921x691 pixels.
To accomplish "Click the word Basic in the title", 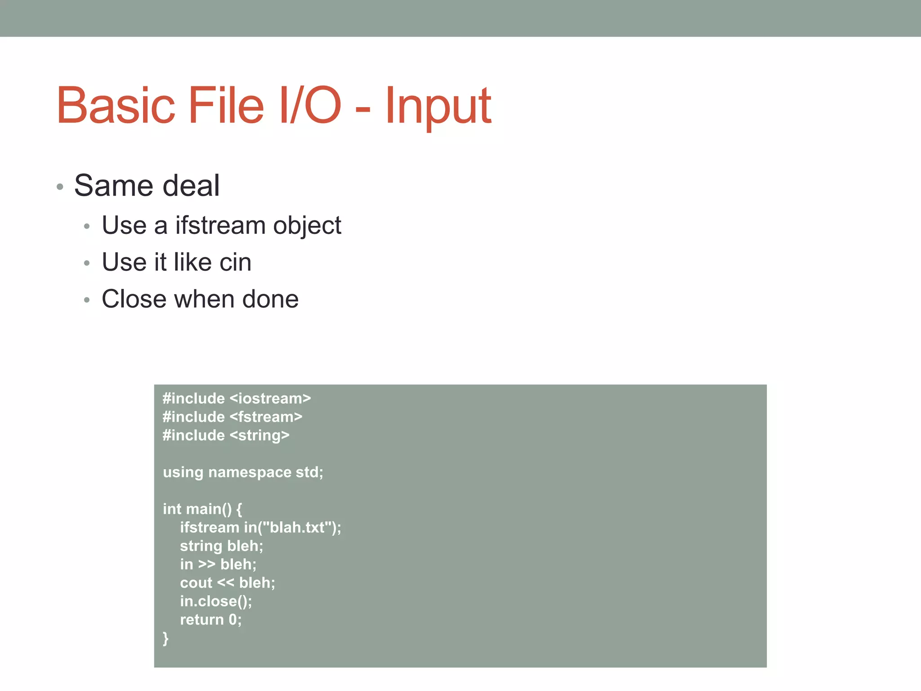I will tap(116, 106).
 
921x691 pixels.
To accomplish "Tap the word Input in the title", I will tap(438, 107).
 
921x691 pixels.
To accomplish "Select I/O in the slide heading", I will tap(310, 106).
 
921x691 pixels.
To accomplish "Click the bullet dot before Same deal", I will tap(60, 187).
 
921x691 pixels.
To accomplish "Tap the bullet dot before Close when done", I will tap(87, 300).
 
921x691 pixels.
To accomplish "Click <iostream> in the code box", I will tap(270, 399).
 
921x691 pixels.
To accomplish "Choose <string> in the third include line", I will tap(259, 435).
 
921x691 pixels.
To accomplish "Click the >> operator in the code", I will tap(206, 565).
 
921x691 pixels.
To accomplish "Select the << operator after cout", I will tap(225, 583).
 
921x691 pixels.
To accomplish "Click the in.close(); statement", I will tap(216, 601).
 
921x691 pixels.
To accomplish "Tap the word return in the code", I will tap(201, 620).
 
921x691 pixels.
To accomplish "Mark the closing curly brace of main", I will tap(165, 638).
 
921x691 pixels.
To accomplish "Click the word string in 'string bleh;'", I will tap(201, 546).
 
